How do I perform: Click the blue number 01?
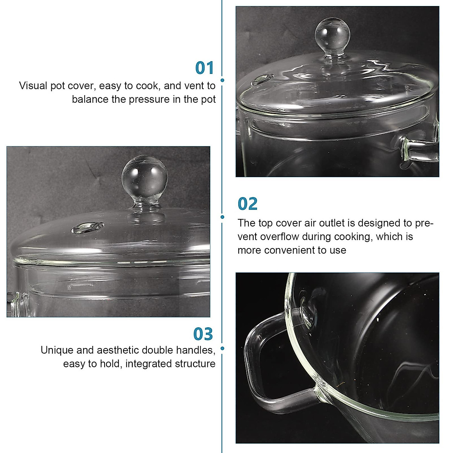(x=204, y=68)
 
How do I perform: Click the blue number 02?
(x=248, y=204)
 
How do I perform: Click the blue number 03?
(x=203, y=334)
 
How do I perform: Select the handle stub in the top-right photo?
(x=419, y=149)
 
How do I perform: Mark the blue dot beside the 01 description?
(x=222, y=80)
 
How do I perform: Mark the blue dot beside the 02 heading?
(x=222, y=217)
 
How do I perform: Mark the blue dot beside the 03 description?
(x=222, y=348)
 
